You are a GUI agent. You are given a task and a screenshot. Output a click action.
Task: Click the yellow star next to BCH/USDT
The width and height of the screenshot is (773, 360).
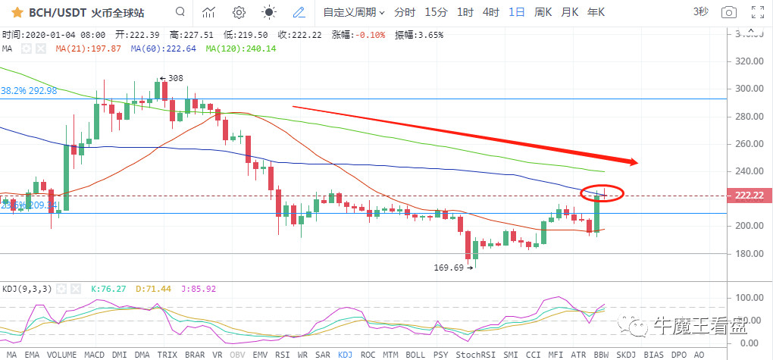[14, 12]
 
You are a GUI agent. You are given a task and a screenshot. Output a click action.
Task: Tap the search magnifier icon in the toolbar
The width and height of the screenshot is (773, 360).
[180, 12]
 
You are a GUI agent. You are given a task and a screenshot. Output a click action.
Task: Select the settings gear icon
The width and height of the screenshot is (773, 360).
[239, 12]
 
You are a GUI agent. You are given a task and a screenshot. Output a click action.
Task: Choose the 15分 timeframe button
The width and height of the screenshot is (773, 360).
[436, 12]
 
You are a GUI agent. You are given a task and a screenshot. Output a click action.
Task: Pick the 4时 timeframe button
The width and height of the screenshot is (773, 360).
[491, 12]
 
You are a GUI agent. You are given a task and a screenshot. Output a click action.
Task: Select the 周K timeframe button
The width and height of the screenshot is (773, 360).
[543, 12]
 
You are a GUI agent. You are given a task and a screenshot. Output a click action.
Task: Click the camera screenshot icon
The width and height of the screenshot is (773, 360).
[728, 12]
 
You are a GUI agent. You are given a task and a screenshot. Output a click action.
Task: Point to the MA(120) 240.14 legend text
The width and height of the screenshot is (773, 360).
[241, 49]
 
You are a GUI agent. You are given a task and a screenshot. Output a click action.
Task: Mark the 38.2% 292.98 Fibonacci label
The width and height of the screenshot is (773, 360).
[29, 90]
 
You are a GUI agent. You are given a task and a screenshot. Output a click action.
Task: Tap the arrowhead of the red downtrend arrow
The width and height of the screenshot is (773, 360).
[634, 161]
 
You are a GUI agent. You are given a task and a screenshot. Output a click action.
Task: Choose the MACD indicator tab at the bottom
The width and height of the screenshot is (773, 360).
[95, 354]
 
